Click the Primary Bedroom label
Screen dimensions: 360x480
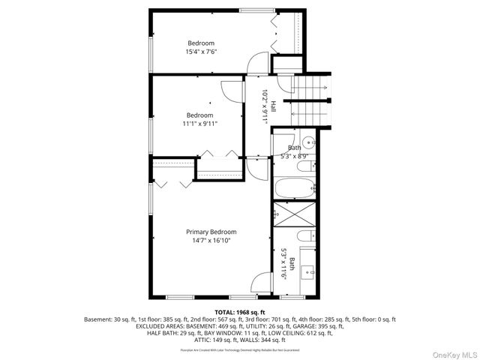(x=211, y=232)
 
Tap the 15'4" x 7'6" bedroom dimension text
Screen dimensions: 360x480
(x=201, y=52)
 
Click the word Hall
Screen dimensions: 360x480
(x=274, y=107)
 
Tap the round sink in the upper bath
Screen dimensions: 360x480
(x=308, y=142)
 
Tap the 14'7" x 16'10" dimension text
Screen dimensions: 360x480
(x=211, y=241)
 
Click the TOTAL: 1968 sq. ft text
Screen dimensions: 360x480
(x=240, y=311)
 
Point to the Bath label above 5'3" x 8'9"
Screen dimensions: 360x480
(x=294, y=148)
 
